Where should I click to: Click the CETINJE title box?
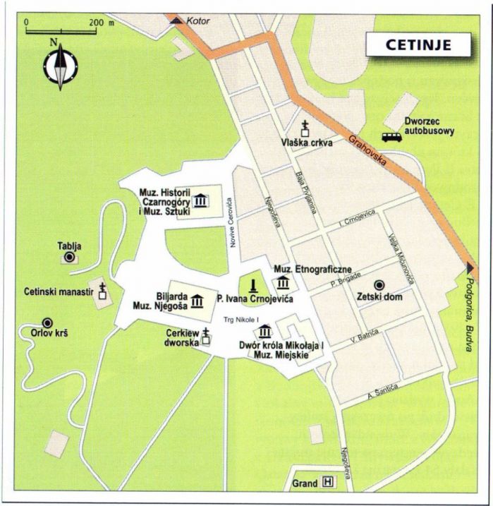coord(418,44)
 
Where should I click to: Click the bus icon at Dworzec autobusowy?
coord(391,138)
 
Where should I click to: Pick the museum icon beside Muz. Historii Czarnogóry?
coord(201,200)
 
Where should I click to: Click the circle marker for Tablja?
coord(69,258)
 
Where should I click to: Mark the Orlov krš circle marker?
coord(47,322)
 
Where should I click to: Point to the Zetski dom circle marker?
coord(379,284)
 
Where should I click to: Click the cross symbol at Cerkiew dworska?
coord(206,336)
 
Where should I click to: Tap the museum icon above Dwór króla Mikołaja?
coord(266,332)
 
